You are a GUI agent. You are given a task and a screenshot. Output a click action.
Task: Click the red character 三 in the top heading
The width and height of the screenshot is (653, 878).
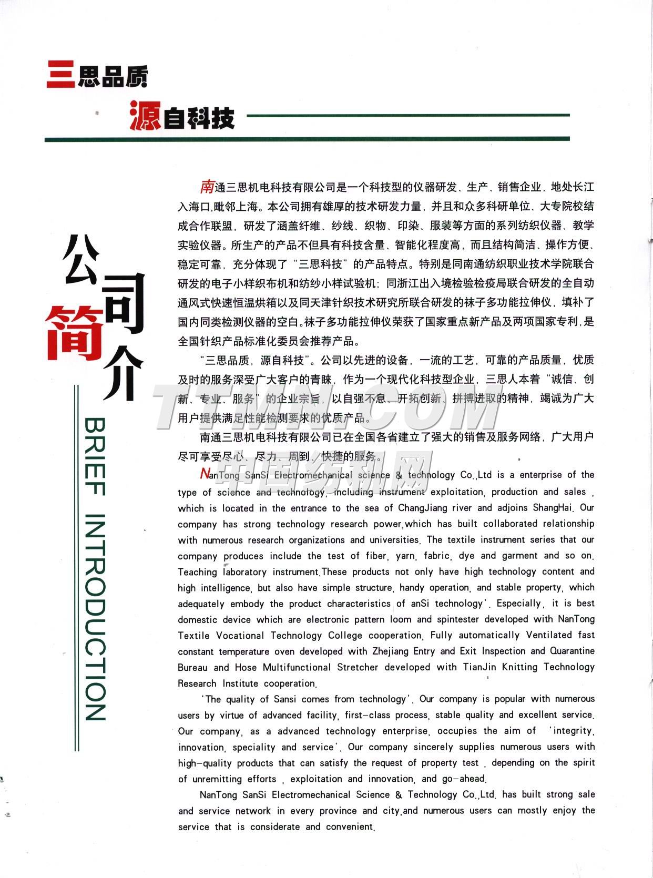[x=60, y=75]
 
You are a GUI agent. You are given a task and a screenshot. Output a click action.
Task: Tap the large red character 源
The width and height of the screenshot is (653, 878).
[x=145, y=116]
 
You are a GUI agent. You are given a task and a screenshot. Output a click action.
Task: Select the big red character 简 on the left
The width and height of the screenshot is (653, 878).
[x=74, y=334]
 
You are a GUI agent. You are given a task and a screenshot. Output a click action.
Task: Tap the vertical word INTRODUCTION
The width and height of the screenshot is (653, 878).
[x=95, y=617]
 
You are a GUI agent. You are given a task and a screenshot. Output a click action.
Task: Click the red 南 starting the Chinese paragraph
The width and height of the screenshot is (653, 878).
[x=207, y=186]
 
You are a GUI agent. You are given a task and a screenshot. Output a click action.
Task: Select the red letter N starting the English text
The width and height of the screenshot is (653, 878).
[x=205, y=474]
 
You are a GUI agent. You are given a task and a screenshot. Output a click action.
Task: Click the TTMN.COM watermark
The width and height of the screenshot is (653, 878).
[x=326, y=407]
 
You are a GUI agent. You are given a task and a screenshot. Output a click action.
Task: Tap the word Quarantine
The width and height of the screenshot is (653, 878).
[x=572, y=651]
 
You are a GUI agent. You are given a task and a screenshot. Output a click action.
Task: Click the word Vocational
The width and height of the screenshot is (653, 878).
[x=240, y=635]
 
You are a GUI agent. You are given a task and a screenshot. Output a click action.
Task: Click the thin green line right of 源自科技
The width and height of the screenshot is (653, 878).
[x=407, y=115]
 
